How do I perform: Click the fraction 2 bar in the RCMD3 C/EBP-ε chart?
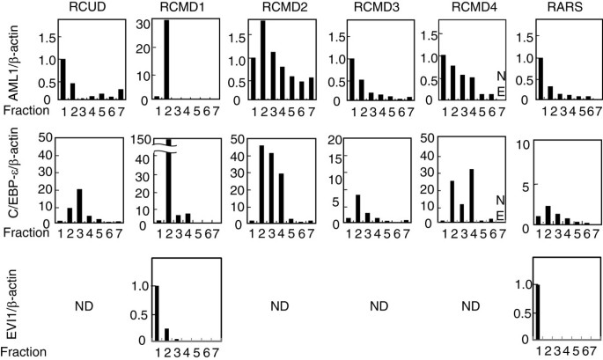click(x=358, y=208)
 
